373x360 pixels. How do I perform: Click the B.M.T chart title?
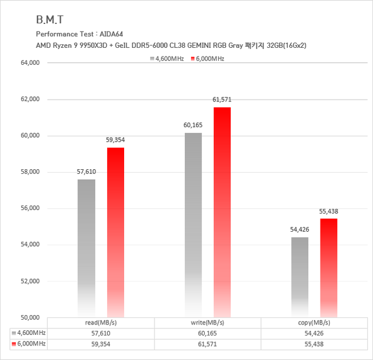click(x=50, y=19)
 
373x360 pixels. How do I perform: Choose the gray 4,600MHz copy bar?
click(x=300, y=277)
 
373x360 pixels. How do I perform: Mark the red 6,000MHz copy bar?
click(x=329, y=268)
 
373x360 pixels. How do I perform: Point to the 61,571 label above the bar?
click(x=222, y=100)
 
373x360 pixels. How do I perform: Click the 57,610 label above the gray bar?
click(x=86, y=172)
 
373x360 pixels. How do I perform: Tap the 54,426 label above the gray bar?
click(x=300, y=230)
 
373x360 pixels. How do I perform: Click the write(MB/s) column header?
click(x=207, y=323)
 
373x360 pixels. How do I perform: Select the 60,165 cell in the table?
click(x=207, y=333)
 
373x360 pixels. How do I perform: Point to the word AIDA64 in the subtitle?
click(x=110, y=33)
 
